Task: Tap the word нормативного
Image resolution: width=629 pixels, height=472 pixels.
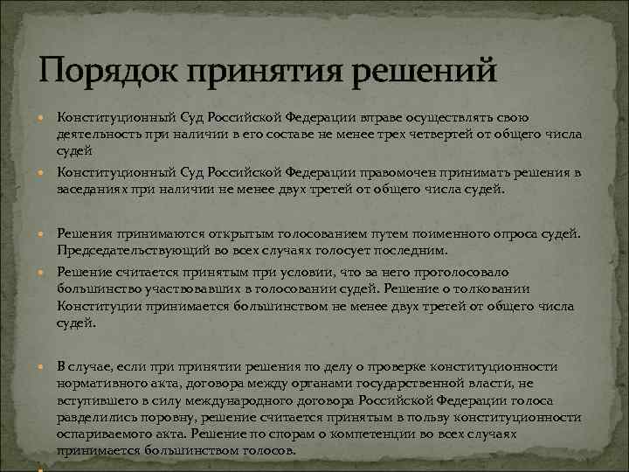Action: pos(99,383)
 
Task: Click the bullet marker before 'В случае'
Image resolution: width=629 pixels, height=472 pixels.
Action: pos(45,367)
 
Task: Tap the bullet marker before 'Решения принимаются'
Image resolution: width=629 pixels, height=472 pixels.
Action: pos(45,233)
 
